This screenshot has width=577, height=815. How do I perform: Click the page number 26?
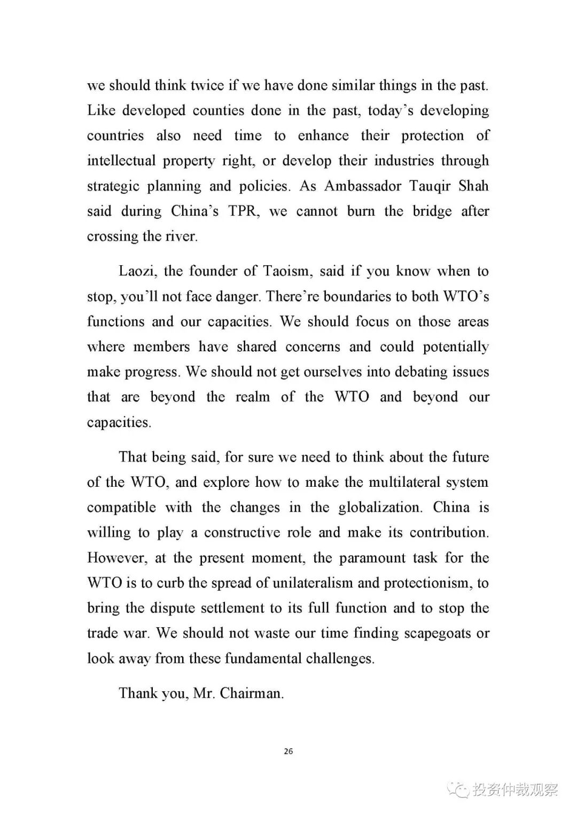pos(288,751)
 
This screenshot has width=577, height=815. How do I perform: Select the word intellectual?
pos(121,161)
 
